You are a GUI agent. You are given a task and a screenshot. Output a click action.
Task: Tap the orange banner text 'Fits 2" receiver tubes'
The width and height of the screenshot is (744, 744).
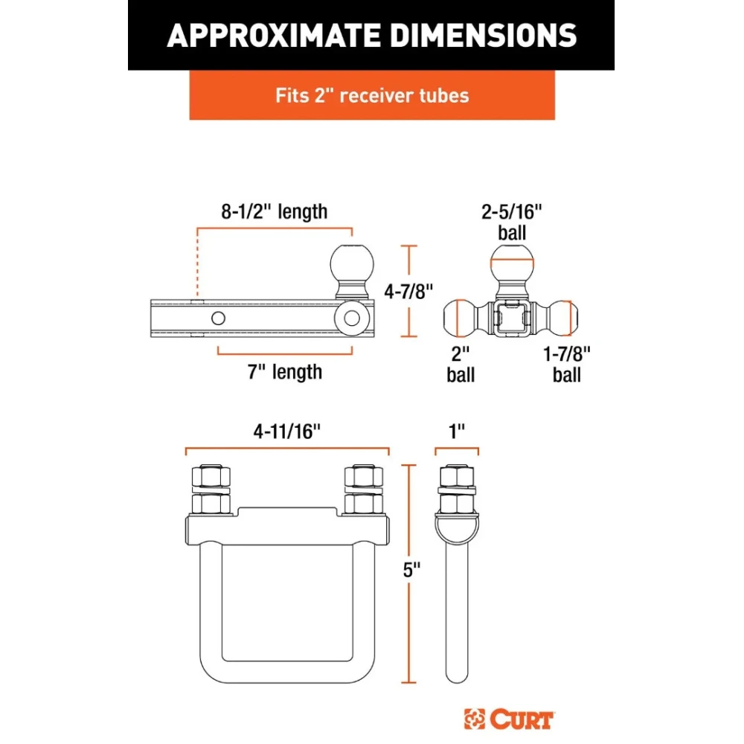click(x=372, y=95)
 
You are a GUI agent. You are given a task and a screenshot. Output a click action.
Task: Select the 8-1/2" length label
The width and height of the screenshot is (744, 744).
click(x=275, y=211)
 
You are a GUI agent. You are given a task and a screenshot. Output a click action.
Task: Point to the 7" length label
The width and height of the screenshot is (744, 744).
click(x=285, y=371)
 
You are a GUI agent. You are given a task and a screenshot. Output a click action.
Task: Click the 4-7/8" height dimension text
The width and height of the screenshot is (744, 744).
click(x=408, y=291)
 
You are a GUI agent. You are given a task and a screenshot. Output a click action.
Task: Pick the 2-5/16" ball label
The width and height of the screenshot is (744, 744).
click(x=512, y=222)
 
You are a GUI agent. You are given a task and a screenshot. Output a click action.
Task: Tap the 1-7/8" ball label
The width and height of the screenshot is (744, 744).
click(x=566, y=365)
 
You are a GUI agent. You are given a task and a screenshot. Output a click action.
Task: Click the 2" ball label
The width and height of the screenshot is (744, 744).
click(x=461, y=365)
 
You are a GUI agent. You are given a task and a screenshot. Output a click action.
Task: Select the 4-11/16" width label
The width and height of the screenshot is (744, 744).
click(x=287, y=432)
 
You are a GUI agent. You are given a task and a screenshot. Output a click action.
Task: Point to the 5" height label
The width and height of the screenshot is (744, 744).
click(x=411, y=569)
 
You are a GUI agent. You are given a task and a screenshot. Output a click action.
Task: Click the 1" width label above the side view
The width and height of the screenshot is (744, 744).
click(x=457, y=432)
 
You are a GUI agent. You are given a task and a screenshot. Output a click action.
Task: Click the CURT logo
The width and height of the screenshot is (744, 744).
click(x=509, y=719)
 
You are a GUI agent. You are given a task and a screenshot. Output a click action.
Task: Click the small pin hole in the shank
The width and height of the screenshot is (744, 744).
click(x=218, y=318)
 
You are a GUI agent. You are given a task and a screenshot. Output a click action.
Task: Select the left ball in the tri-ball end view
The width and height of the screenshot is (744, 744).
click(x=459, y=318)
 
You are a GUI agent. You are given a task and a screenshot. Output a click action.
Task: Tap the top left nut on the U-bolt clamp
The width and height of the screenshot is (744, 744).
click(x=211, y=476)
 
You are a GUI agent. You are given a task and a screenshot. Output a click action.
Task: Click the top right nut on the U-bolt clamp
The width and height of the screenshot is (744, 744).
click(x=364, y=476)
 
